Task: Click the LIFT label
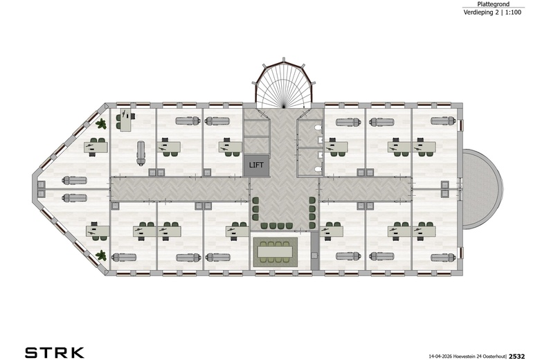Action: point(256,165)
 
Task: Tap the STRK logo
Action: point(55,353)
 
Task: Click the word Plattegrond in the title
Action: point(493,4)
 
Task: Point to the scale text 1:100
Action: point(513,12)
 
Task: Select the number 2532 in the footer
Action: point(517,357)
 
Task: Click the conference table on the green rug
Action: point(275,251)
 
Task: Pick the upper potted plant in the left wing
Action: point(101,124)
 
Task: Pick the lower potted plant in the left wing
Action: point(101,255)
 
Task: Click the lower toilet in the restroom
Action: point(318,169)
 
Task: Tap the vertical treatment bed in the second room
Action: point(141,153)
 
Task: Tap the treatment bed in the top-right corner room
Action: point(443,121)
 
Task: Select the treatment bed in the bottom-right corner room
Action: point(443,258)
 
